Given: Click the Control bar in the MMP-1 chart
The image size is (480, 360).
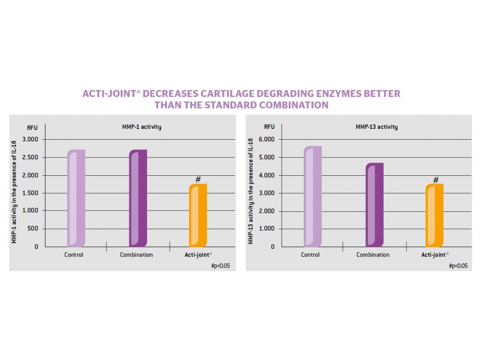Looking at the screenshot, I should pyautogui.click(x=76, y=198).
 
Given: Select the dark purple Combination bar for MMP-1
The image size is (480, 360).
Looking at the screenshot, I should pyautogui.click(x=138, y=198).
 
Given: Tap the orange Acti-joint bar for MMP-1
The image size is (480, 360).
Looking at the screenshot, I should pyautogui.click(x=198, y=215).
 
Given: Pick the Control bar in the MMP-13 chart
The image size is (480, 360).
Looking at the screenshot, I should pyautogui.click(x=313, y=196).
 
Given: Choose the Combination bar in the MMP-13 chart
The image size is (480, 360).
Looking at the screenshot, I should pyautogui.click(x=375, y=205).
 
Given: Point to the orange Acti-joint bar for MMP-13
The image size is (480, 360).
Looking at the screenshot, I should pyautogui.click(x=435, y=215).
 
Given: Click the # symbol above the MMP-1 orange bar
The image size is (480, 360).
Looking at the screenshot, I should pyautogui.click(x=198, y=179).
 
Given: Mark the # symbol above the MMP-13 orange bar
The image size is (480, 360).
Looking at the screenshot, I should pyautogui.click(x=435, y=180).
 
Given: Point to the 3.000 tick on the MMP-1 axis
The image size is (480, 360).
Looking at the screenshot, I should pyautogui.click(x=31, y=140).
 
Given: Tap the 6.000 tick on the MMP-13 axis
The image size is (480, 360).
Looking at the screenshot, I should pyautogui.click(x=268, y=140).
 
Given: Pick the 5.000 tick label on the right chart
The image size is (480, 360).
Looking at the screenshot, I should pyautogui.click(x=268, y=157).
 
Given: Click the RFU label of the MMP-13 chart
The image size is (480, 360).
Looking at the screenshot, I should pyautogui.click(x=269, y=127).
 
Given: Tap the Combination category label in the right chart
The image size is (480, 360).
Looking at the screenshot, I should pyautogui.click(x=373, y=255).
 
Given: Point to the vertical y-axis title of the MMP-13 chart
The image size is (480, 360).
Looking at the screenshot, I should pyautogui.click(x=251, y=191).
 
